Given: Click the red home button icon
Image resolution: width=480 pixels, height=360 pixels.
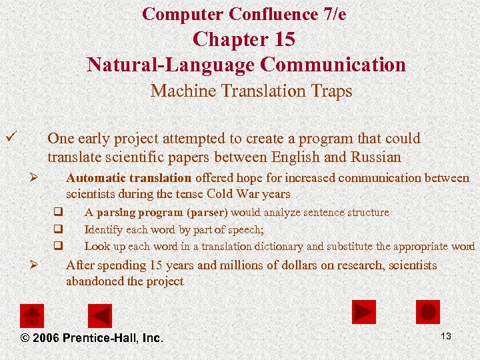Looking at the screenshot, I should click(x=32, y=315).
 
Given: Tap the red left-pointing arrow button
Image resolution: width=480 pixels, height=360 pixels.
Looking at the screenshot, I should click(x=101, y=315).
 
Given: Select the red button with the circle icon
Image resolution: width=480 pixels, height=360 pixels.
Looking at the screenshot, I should click(x=428, y=312).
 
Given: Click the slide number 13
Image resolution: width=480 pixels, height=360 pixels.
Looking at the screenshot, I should click(x=446, y=336).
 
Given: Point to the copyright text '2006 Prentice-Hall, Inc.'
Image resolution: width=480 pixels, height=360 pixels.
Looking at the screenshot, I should click(x=93, y=338).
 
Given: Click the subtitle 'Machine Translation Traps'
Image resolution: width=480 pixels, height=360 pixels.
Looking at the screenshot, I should click(x=251, y=91).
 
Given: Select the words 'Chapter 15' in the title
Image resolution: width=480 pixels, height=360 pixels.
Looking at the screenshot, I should click(x=244, y=39).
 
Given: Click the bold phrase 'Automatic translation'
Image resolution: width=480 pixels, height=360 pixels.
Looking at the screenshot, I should click(x=129, y=178).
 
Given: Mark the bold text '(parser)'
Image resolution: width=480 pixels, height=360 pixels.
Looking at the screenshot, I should click(x=207, y=213).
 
